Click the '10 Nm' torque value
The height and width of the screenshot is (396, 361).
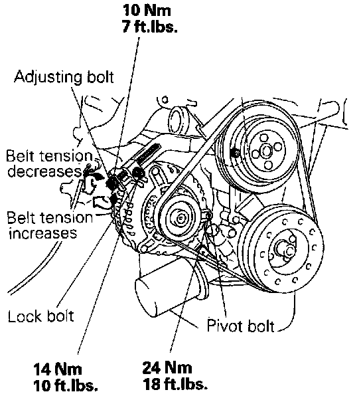click(x=147, y=11)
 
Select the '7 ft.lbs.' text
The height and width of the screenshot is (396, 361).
click(x=150, y=26)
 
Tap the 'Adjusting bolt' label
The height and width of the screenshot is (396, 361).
click(x=64, y=77)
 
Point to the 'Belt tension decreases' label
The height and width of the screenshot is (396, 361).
click(x=49, y=163)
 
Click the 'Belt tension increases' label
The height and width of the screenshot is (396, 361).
click(x=50, y=225)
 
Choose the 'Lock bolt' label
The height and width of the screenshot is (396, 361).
click(x=41, y=316)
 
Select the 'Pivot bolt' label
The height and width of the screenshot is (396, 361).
click(x=240, y=326)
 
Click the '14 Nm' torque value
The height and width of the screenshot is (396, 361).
click(x=58, y=369)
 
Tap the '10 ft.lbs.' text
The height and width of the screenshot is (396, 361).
click(x=65, y=385)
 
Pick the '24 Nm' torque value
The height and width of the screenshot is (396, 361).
click(x=167, y=367)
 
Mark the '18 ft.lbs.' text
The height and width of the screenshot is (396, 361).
click(x=175, y=383)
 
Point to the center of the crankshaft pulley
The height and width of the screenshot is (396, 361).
click(x=286, y=250)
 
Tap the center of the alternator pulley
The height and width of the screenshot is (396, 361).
click(x=180, y=219)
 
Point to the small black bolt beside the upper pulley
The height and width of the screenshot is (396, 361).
click(x=235, y=152)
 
